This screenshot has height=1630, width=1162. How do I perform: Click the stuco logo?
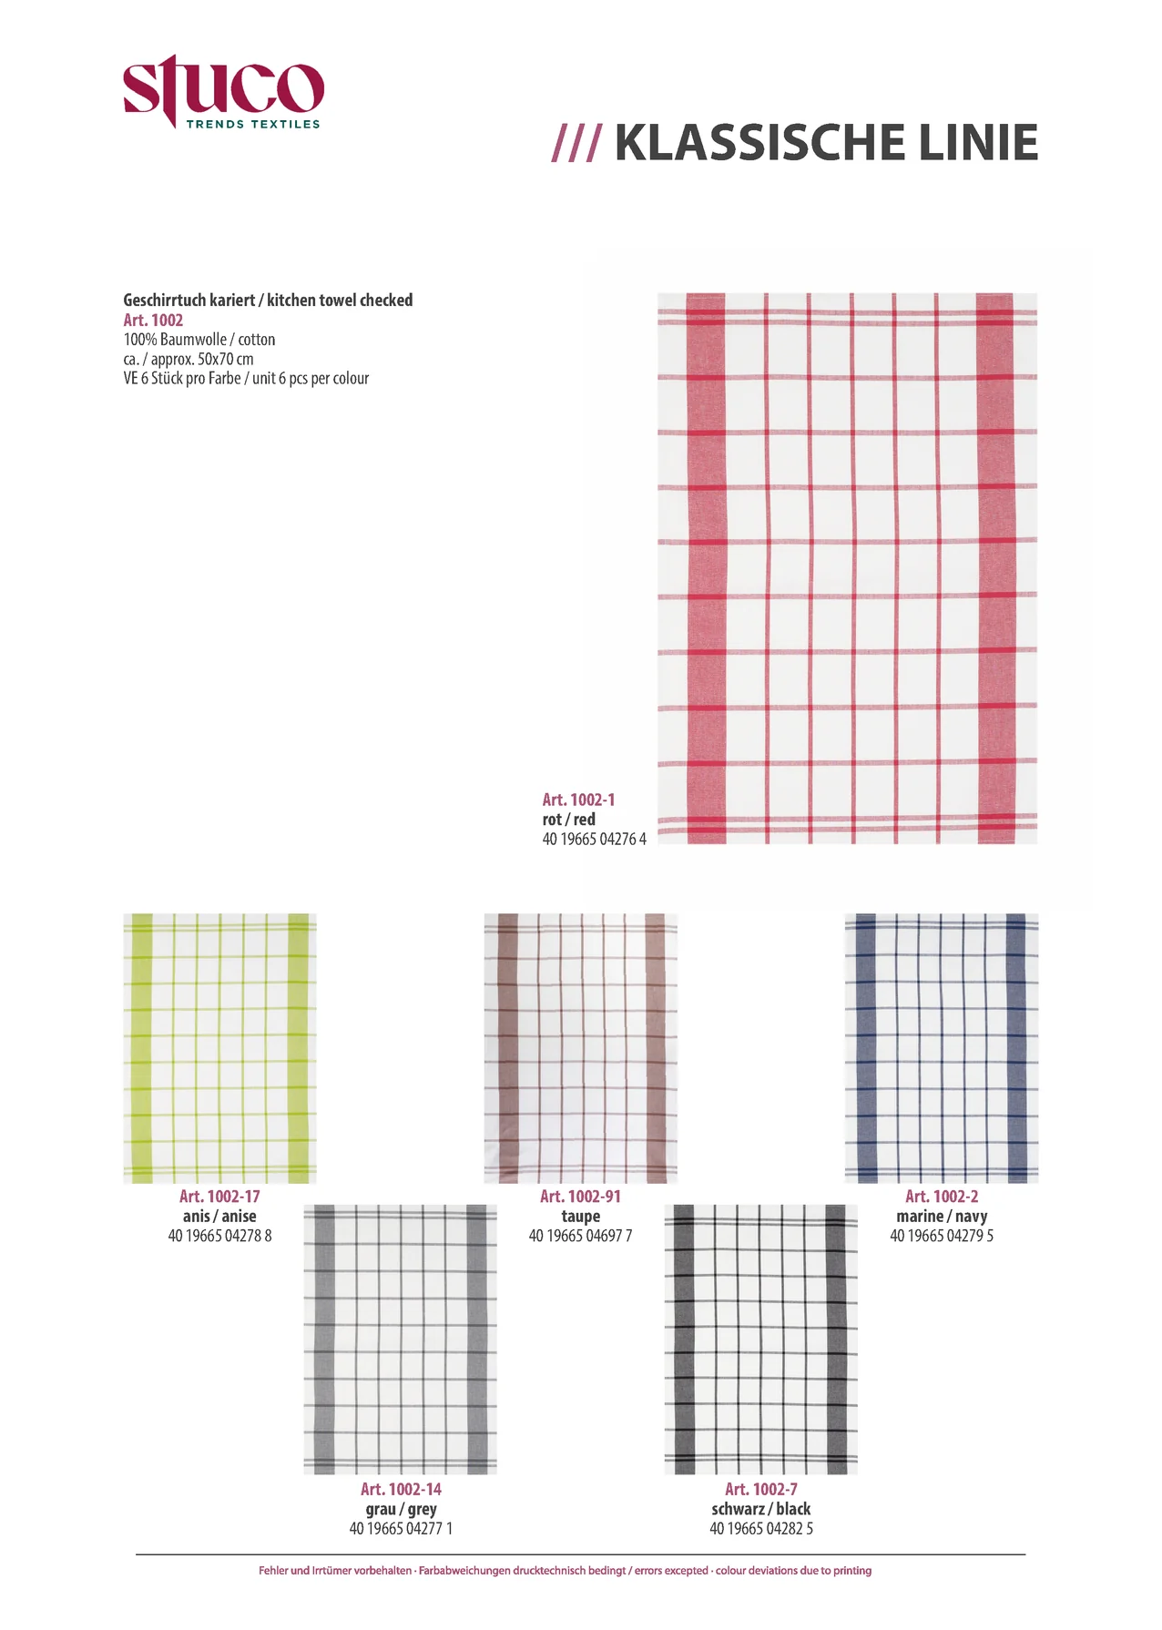click(223, 92)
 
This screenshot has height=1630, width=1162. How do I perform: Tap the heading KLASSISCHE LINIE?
click(825, 143)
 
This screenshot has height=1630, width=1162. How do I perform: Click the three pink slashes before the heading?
click(576, 144)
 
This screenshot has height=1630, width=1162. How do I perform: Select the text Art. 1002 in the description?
click(153, 321)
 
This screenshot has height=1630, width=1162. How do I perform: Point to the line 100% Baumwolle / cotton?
click(199, 340)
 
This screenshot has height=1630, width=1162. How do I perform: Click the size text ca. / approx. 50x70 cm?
click(189, 359)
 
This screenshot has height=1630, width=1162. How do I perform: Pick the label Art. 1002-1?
click(578, 800)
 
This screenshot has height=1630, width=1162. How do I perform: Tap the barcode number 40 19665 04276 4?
click(594, 839)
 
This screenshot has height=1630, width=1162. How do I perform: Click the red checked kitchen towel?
click(847, 568)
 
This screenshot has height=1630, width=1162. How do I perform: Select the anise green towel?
click(219, 1048)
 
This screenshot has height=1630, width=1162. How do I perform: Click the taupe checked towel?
click(580, 1048)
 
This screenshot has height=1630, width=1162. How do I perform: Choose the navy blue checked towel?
click(941, 1048)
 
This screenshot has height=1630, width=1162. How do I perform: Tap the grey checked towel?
click(400, 1339)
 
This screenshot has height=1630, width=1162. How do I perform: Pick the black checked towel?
click(760, 1339)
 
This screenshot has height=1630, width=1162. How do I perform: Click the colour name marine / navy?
click(941, 1216)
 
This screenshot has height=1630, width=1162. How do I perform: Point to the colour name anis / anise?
click(219, 1216)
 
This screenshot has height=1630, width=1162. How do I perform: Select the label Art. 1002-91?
click(580, 1197)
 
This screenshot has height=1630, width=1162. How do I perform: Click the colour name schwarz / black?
click(760, 1509)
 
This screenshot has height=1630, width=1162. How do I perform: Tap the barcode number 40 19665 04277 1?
click(400, 1528)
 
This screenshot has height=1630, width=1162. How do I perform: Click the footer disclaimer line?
click(565, 1571)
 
